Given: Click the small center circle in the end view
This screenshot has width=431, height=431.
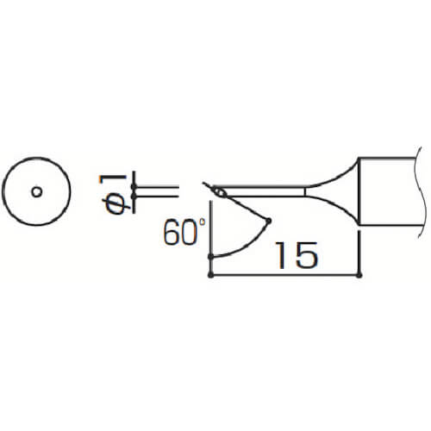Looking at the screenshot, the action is pos(37,191).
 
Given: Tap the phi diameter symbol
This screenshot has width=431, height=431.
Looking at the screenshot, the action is pos(116,203).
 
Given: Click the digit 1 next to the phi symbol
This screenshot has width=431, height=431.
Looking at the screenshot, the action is pos(113,179).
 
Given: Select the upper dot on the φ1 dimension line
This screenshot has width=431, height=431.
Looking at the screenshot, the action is pos(134,187).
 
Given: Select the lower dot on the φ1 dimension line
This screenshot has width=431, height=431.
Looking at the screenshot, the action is pos(134,197).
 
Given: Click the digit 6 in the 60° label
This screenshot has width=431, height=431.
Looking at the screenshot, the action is pos(172,232).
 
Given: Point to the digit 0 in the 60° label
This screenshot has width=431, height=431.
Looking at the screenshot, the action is pos(190,232).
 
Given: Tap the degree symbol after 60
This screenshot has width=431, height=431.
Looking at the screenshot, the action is pos(203,222).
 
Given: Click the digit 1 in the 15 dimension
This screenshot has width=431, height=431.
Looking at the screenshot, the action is pos(281,255).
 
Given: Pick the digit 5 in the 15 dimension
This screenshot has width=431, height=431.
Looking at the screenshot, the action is pos(307,255).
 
